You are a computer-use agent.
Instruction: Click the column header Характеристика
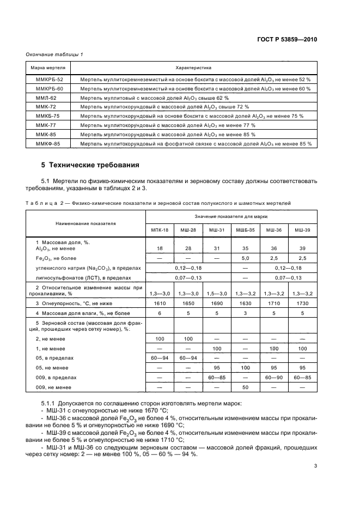193,68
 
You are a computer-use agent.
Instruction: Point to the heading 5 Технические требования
90,165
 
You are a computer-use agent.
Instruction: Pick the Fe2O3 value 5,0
245,258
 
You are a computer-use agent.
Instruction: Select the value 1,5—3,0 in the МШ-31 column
216,293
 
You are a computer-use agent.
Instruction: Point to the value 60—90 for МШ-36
273,377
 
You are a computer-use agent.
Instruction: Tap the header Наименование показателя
85,224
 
